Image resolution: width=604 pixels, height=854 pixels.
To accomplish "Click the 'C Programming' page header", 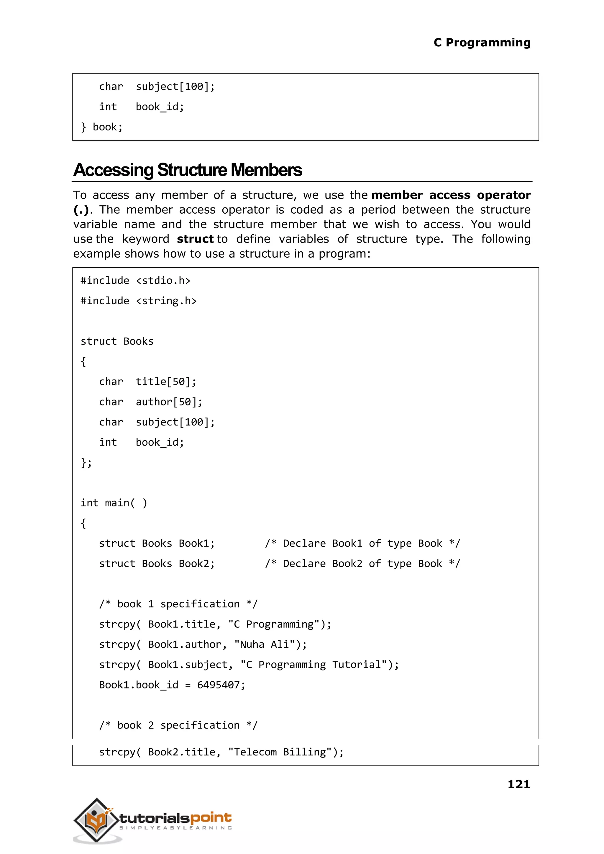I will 482,42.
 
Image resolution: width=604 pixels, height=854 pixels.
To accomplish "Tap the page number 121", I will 518,784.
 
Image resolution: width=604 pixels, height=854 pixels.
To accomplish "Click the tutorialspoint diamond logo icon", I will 96,820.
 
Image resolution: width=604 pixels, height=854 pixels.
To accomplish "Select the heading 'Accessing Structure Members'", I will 188,170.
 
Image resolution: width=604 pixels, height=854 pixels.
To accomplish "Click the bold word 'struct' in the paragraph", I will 195,239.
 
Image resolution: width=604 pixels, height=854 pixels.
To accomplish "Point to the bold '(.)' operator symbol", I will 81,210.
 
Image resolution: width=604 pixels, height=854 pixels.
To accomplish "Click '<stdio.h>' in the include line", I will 163,281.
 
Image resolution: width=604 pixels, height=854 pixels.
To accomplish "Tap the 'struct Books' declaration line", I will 117,341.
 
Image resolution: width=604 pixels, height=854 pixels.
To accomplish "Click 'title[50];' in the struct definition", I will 166,382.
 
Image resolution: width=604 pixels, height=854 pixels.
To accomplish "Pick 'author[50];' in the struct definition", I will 169,402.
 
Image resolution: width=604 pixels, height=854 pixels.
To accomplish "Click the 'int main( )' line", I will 114,503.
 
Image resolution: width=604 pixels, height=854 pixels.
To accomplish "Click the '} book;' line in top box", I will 101,127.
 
